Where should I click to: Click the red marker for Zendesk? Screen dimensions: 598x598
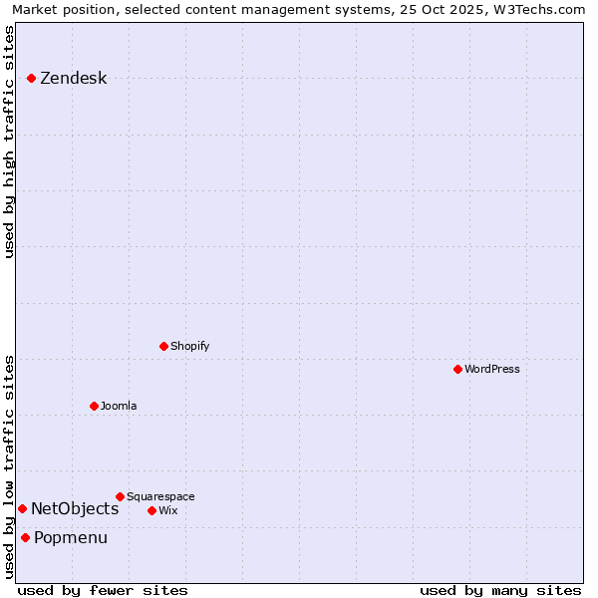(x=32, y=78)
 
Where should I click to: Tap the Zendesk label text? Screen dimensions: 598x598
(x=73, y=79)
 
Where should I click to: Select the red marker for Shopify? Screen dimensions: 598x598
(x=163, y=346)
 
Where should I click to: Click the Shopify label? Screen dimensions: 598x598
(x=189, y=346)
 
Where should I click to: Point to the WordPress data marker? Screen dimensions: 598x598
(x=457, y=369)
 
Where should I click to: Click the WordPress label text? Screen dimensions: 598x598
(x=491, y=369)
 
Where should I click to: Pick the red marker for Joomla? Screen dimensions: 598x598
(x=94, y=406)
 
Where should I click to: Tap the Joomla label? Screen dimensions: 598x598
(x=119, y=406)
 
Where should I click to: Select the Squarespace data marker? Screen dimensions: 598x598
(x=120, y=496)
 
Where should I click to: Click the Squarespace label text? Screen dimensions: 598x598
(x=160, y=496)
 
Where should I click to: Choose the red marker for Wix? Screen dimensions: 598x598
(x=151, y=510)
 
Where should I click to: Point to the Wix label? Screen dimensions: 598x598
(x=167, y=510)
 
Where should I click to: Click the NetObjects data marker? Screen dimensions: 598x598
(x=22, y=508)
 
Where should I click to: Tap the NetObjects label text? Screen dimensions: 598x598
(x=75, y=508)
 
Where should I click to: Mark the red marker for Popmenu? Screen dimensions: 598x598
(x=25, y=538)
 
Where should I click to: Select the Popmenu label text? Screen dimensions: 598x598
(x=71, y=538)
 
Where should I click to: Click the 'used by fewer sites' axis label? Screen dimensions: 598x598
(x=103, y=590)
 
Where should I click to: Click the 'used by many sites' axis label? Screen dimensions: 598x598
(x=500, y=590)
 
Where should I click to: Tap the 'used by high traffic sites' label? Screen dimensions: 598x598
(x=10, y=142)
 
